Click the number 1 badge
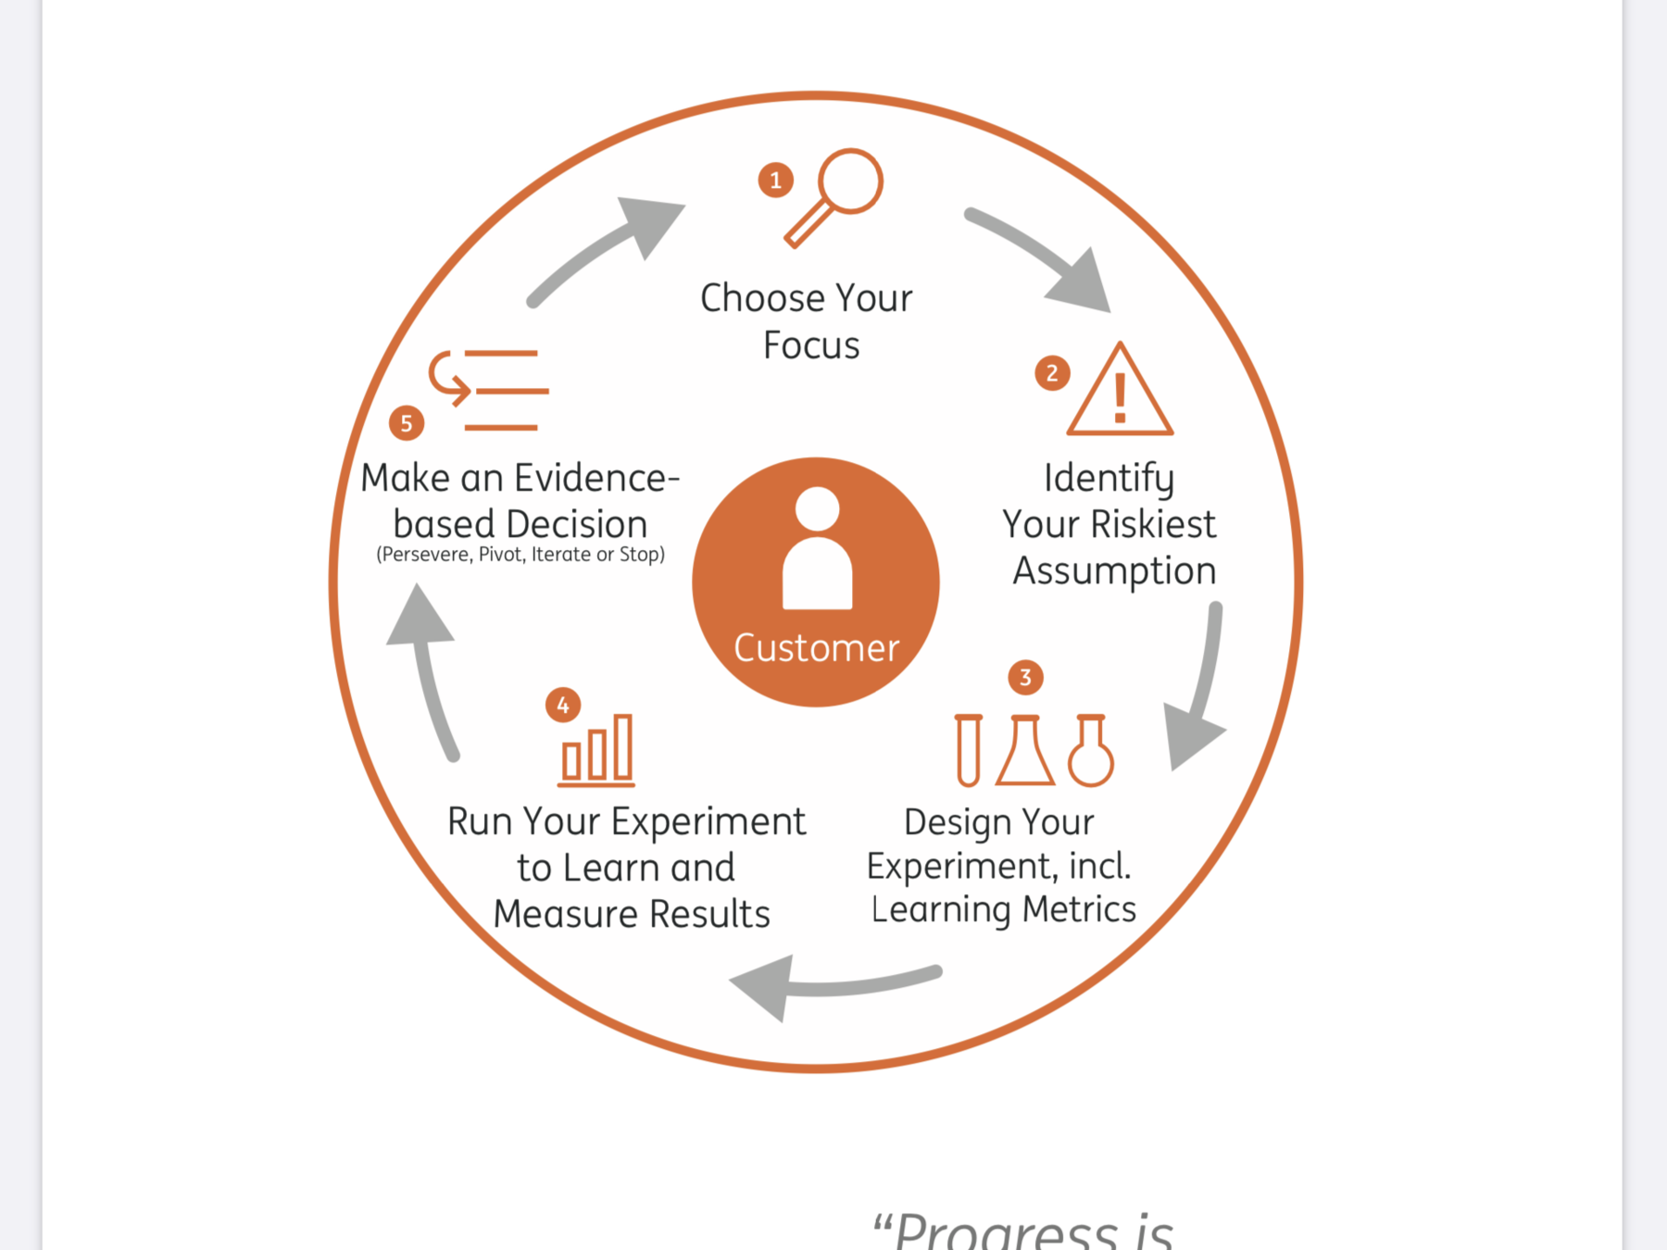coord(776,180)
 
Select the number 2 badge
coord(1052,373)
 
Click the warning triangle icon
coord(1120,394)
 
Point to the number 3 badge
coord(1025,678)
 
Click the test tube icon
coord(969,750)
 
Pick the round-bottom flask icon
coord(1091,751)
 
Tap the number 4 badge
coord(563,706)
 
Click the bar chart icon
coord(596,751)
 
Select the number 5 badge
coord(407,423)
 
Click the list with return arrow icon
coord(489,390)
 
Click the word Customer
coord(816,648)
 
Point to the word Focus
coord(811,345)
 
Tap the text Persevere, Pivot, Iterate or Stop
coord(520,555)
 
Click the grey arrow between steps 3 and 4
coord(833,985)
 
